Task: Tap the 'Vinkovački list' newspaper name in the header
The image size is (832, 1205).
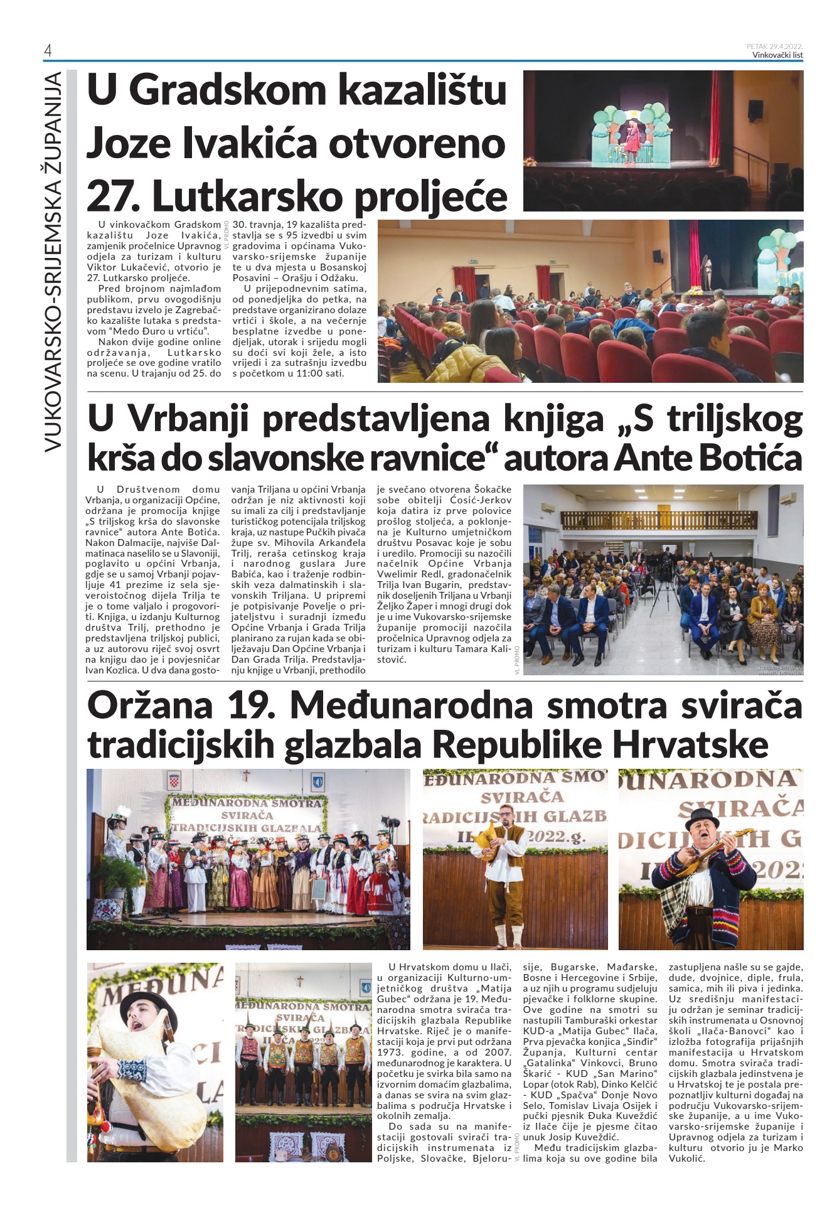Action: tap(777, 55)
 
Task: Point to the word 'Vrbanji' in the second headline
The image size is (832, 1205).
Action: tap(196, 419)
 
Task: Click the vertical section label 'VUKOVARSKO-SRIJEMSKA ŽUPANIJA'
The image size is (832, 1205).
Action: tap(54, 260)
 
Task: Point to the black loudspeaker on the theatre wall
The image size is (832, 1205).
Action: tap(755, 109)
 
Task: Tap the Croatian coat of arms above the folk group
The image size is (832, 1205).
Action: tap(174, 783)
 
